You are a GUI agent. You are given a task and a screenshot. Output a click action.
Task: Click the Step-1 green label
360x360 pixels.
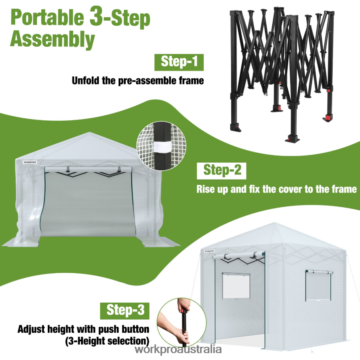pyautogui.click(x=179, y=62)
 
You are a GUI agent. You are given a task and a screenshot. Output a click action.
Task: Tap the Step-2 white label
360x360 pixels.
pyautogui.click(x=222, y=170)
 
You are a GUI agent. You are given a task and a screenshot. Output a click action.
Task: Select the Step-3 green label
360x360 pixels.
pyautogui.click(x=125, y=310)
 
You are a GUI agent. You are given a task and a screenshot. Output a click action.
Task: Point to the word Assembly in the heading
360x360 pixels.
pyautogui.click(x=52, y=40)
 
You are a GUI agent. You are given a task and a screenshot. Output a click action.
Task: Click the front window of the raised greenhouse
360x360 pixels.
pyautogui.click(x=236, y=286)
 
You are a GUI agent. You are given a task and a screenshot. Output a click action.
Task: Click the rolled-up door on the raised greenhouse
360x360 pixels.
pyautogui.click(x=239, y=255)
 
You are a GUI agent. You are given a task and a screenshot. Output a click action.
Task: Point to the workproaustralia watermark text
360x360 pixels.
pyautogui.click(x=178, y=349)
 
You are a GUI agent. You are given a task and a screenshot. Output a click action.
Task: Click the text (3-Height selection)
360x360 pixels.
pyautogui.click(x=107, y=341)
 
